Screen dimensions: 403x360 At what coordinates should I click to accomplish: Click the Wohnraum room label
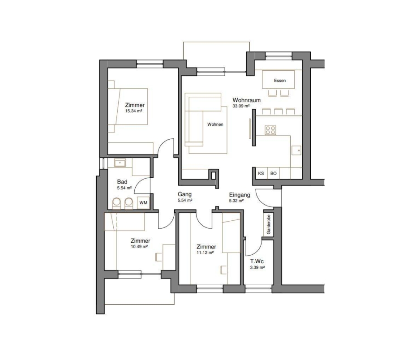point(246,100)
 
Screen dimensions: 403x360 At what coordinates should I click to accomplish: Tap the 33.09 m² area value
point(241,106)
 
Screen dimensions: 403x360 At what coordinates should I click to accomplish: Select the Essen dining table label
point(280,81)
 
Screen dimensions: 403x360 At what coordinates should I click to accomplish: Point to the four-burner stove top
point(270,130)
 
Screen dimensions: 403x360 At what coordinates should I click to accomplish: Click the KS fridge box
point(261,173)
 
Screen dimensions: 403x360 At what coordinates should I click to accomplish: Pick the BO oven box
point(274,173)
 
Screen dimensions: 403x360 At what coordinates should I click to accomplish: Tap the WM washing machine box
point(143,203)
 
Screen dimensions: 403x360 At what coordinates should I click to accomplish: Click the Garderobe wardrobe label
point(269,224)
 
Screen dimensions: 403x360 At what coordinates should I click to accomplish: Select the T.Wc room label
point(257,261)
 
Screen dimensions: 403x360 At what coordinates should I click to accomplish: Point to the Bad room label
point(122,182)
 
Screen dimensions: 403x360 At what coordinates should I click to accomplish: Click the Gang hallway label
point(184,194)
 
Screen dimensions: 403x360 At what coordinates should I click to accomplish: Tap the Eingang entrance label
point(240,195)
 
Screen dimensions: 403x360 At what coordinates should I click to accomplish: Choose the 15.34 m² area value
point(133,111)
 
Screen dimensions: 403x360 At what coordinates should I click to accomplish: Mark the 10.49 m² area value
point(139,247)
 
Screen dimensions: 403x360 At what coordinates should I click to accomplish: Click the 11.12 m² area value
point(206,253)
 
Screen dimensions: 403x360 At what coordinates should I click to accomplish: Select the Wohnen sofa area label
point(215,124)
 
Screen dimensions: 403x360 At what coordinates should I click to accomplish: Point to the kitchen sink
point(296,150)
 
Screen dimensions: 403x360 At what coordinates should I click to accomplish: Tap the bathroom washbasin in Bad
point(120,163)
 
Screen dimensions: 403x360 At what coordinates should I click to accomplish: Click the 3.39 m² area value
point(257,267)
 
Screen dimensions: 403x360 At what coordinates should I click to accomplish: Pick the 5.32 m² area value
point(236,201)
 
